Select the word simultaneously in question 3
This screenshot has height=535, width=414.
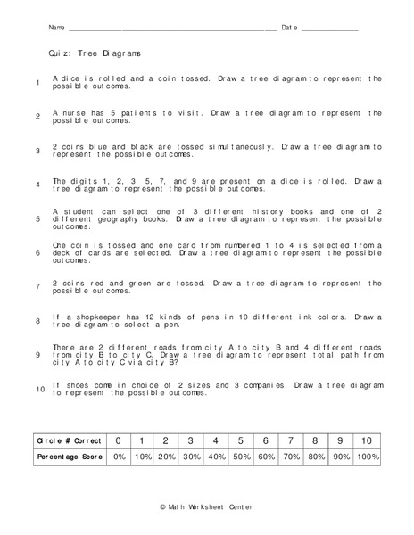240,145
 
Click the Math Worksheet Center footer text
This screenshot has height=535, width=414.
206,506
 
